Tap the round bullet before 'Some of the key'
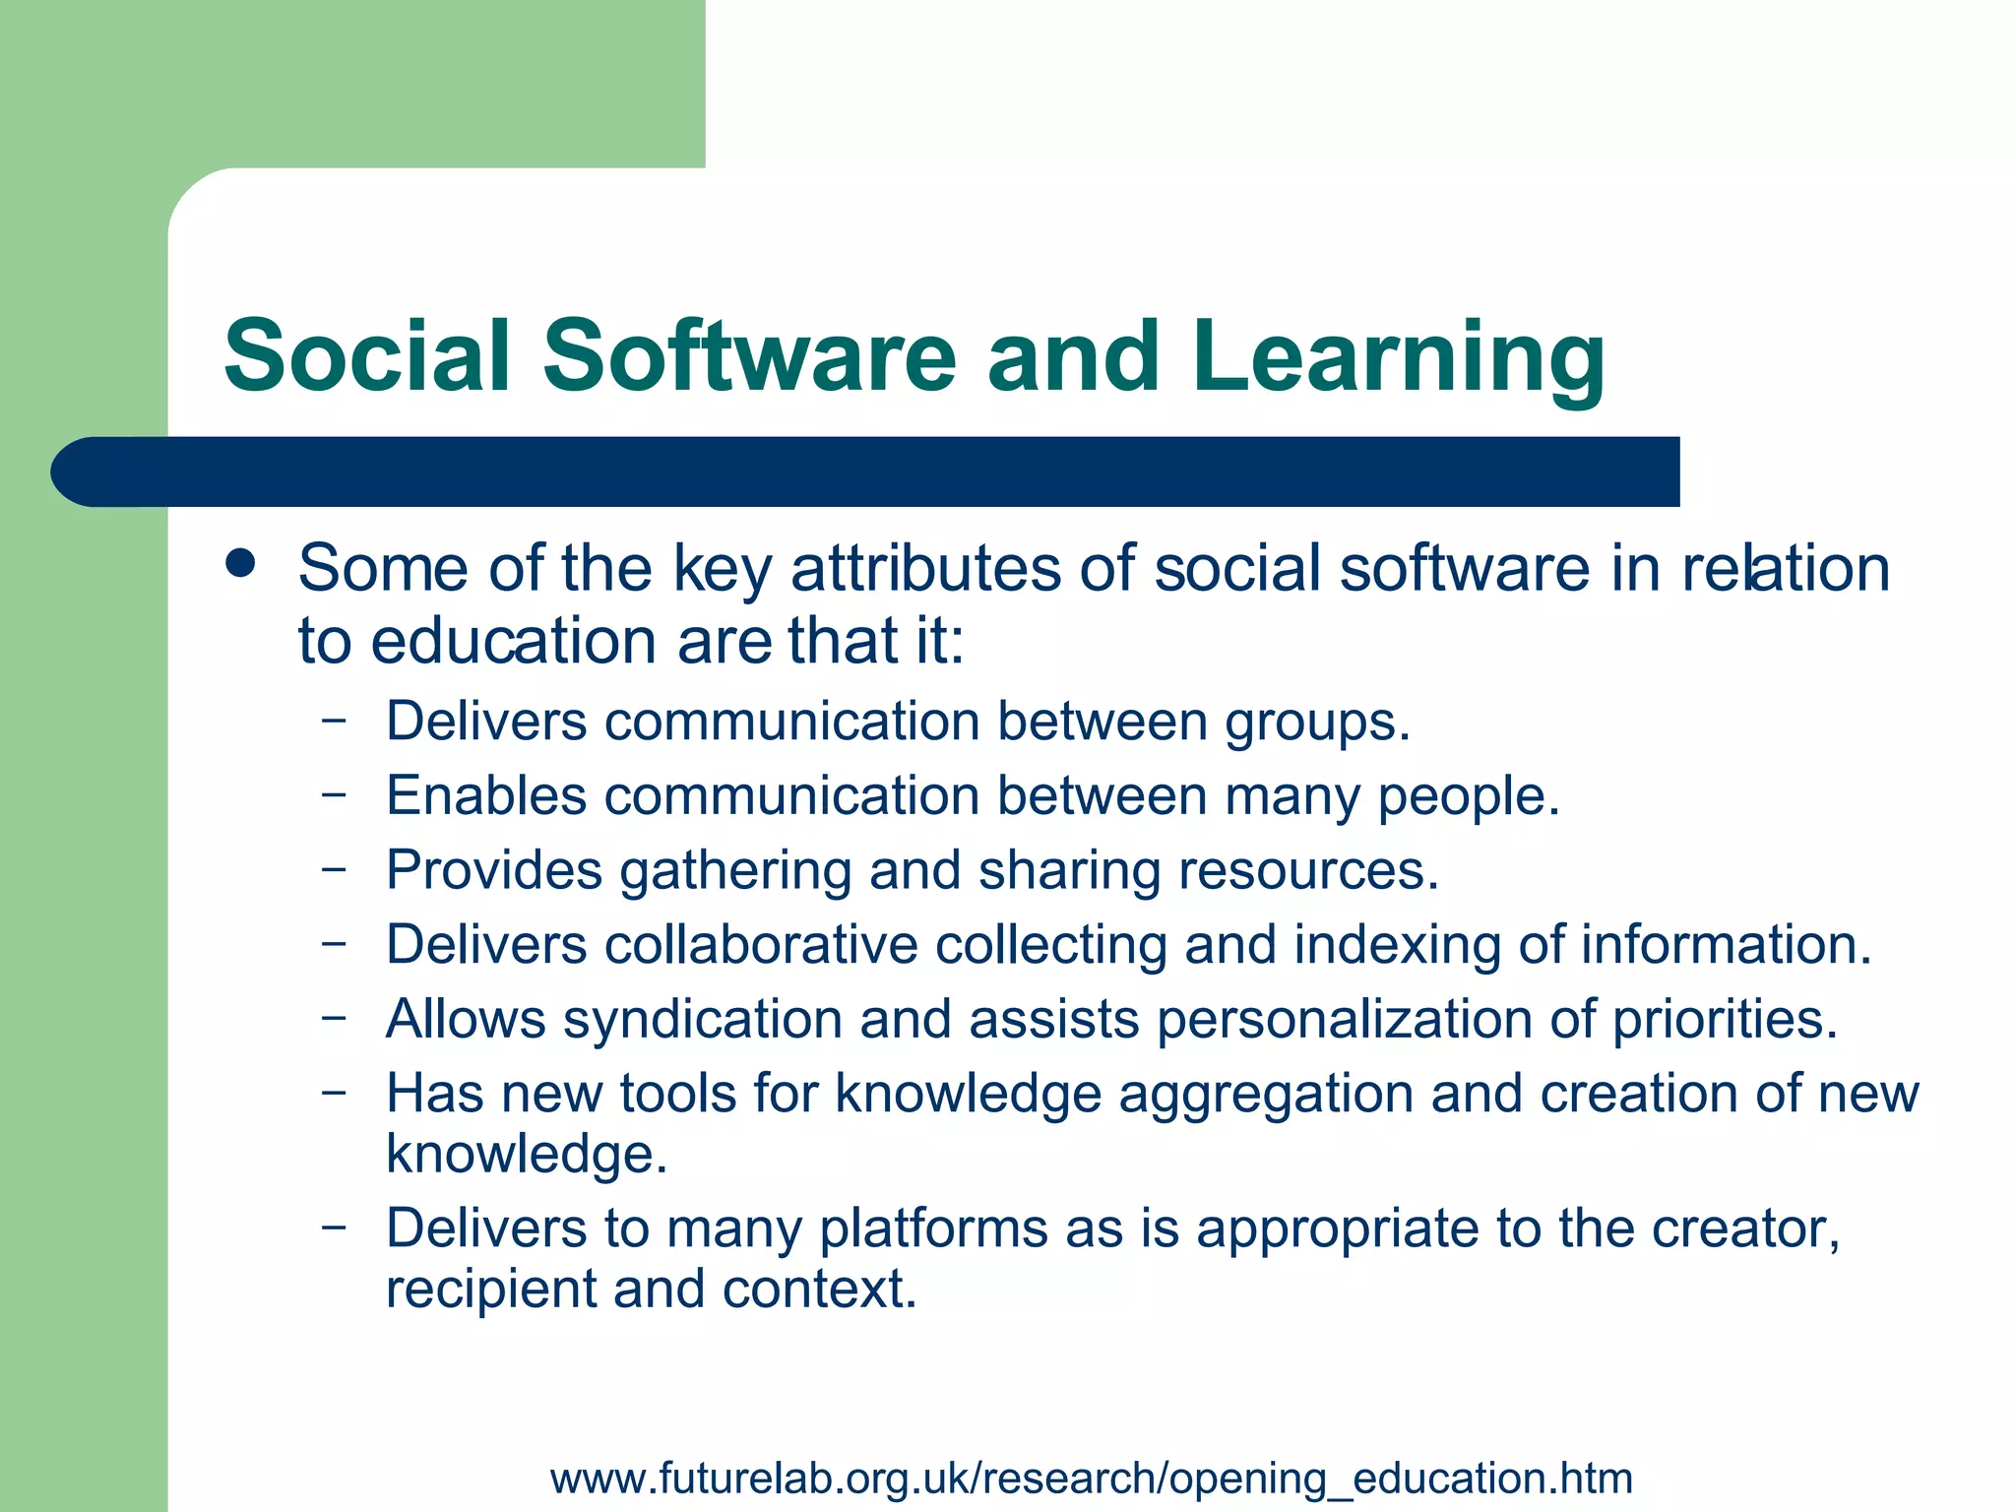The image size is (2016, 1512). pos(240,565)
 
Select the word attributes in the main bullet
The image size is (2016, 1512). pos(926,569)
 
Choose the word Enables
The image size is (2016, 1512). pos(486,795)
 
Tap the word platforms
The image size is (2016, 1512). pos(933,1229)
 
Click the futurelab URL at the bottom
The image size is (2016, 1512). pos(1092,1478)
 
